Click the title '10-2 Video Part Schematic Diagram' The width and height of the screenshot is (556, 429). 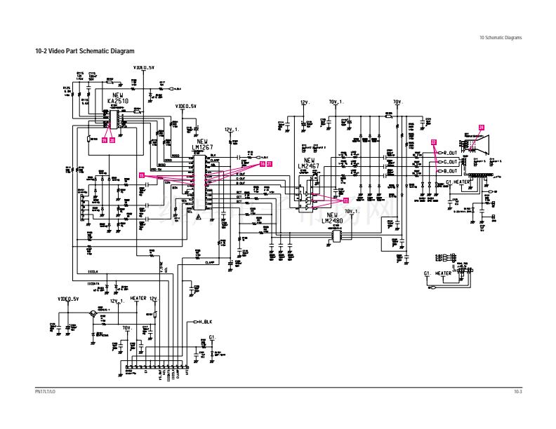click(x=84, y=52)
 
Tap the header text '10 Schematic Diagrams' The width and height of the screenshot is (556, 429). click(x=501, y=37)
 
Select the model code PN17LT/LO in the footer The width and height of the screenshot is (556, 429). click(x=45, y=391)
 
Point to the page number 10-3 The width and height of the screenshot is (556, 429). click(x=517, y=391)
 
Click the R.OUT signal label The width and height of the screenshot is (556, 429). click(x=450, y=152)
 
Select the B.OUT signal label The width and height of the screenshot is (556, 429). click(x=450, y=170)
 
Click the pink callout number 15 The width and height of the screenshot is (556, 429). click(x=141, y=175)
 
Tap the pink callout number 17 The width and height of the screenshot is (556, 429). click(x=345, y=200)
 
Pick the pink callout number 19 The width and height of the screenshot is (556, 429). click(x=105, y=139)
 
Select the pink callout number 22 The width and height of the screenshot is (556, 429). click(x=433, y=142)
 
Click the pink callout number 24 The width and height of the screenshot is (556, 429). click(x=481, y=126)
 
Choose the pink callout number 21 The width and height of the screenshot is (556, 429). click(x=269, y=163)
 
